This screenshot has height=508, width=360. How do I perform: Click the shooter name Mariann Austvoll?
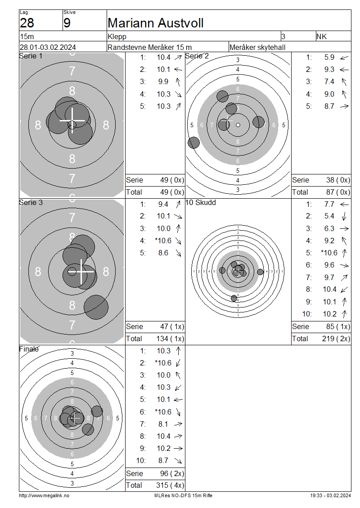coord(155,23)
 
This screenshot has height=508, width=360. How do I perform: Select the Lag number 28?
coord(27,23)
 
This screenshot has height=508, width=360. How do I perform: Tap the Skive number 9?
coord(67,23)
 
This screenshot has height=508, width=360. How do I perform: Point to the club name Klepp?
coord(117,36)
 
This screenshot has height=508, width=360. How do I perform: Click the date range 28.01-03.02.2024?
coord(48,47)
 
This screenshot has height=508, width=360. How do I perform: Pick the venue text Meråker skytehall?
coord(257,47)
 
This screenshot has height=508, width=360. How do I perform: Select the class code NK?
coord(322,36)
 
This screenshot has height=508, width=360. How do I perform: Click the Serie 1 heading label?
coord(31,56)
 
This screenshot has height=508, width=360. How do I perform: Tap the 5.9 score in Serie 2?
coord(329,58)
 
